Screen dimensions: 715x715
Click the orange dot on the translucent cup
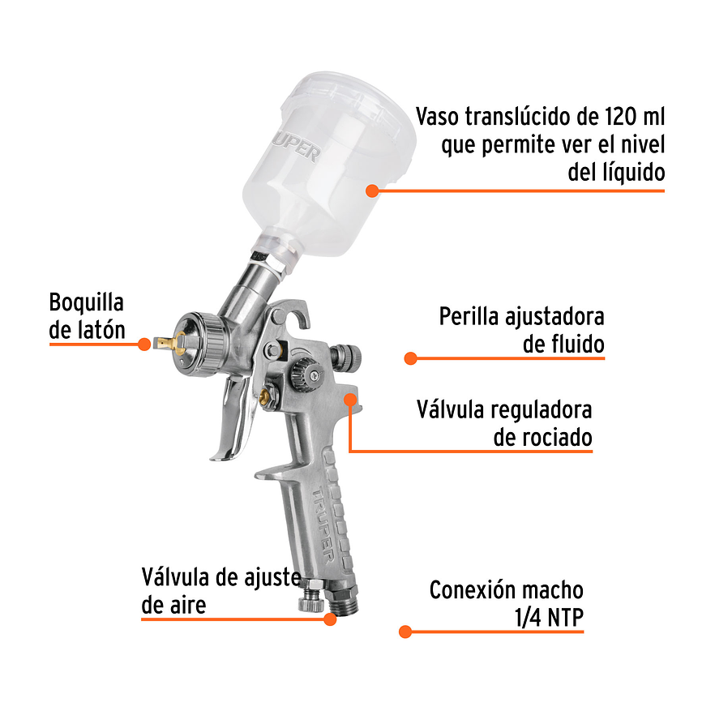[x=372, y=191]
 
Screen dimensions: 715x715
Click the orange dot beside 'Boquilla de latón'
[x=144, y=344]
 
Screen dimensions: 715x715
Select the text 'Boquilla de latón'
[x=87, y=316]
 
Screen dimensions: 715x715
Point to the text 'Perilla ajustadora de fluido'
[x=521, y=330]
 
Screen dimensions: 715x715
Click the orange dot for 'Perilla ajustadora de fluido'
[x=410, y=357]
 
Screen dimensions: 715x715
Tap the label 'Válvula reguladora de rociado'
[x=503, y=423]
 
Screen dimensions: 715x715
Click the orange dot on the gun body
[x=350, y=399]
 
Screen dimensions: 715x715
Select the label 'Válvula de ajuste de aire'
[x=220, y=591]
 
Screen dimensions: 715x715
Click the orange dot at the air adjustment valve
[x=330, y=619]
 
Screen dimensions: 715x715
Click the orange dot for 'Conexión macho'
[x=405, y=631]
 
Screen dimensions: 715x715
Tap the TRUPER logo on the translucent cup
[x=302, y=147]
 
